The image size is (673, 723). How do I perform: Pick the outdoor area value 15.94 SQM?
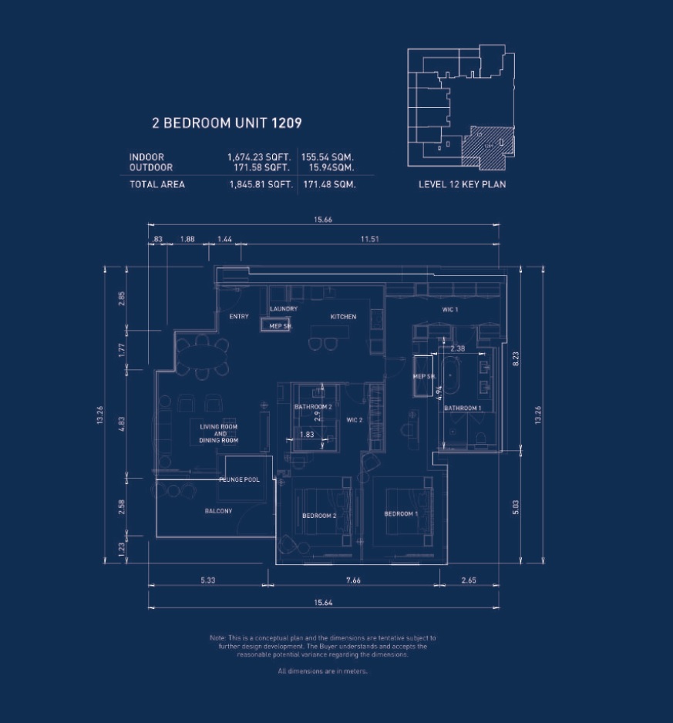pos(331,167)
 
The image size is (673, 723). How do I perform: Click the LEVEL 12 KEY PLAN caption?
pos(462,185)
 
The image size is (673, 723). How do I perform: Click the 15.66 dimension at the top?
pos(323,220)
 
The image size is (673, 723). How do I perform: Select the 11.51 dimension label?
pos(369,240)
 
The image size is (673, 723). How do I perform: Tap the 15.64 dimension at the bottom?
pos(323,603)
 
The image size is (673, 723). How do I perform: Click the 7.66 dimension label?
pos(352,580)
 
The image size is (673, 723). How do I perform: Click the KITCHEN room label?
pos(343,317)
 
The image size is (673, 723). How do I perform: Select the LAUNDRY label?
pos(284,309)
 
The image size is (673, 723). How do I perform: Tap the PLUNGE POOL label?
pos(239,479)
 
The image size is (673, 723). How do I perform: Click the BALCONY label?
pos(218,511)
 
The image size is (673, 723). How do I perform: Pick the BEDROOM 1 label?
pos(401,514)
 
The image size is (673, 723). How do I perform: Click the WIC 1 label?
pos(450,309)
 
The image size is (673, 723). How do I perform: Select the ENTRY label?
pos(239,317)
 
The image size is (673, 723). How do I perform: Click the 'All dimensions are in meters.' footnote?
pos(322,671)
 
